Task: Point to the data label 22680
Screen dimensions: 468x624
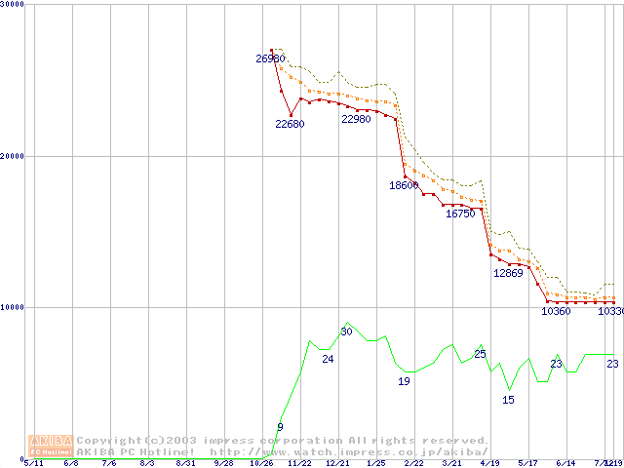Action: [290, 124]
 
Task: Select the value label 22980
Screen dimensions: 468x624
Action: [356, 119]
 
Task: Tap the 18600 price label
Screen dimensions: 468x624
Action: [404, 185]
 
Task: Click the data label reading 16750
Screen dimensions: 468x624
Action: [460, 214]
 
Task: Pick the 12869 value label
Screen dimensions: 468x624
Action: [508, 273]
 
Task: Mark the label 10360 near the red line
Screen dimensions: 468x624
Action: [556, 312]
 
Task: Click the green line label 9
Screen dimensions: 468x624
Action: [280, 427]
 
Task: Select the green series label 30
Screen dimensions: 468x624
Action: [346, 331]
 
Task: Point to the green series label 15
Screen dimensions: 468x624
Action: [508, 400]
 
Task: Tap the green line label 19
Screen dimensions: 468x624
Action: [404, 381]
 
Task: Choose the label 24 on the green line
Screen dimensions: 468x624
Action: [328, 360]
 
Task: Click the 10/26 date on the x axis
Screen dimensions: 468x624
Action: [260, 464]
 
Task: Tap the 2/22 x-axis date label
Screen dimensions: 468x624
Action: [413, 464]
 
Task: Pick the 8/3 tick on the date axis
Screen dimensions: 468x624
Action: [146, 464]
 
